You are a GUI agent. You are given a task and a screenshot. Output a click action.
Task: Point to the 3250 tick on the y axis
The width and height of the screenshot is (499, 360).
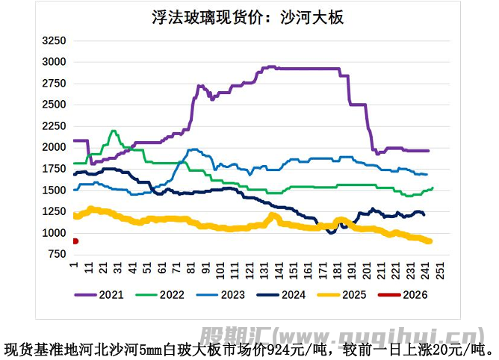pos(55,40)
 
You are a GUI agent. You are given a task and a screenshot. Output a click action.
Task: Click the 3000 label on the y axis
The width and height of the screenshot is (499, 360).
pos(55,62)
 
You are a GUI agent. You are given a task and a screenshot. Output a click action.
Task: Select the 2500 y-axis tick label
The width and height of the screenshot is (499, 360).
pos(55,105)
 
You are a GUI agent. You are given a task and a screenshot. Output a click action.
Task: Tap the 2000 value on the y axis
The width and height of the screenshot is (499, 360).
pos(55,148)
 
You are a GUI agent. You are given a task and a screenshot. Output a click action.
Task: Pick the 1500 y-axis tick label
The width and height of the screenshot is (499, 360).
pos(55,190)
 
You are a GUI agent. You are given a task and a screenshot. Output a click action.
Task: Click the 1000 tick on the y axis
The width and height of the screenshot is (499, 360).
pos(55,234)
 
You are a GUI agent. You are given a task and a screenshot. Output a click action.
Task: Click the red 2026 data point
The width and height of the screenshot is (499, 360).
pos(75,240)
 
